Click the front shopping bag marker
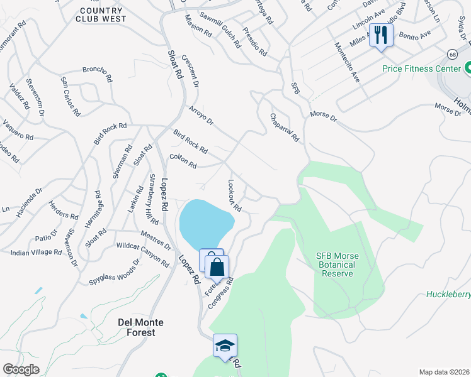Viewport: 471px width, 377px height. (x=217, y=267)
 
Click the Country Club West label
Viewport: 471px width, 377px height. (x=103, y=15)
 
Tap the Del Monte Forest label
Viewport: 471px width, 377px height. (x=140, y=327)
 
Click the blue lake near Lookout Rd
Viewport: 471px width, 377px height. (x=205, y=224)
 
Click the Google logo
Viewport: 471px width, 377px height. (x=21, y=369)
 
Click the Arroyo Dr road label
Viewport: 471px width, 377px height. (x=201, y=116)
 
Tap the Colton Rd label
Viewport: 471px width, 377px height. (x=183, y=161)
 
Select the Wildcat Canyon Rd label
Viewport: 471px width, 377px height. (x=142, y=255)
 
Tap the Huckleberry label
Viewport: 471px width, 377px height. (x=448, y=294)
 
